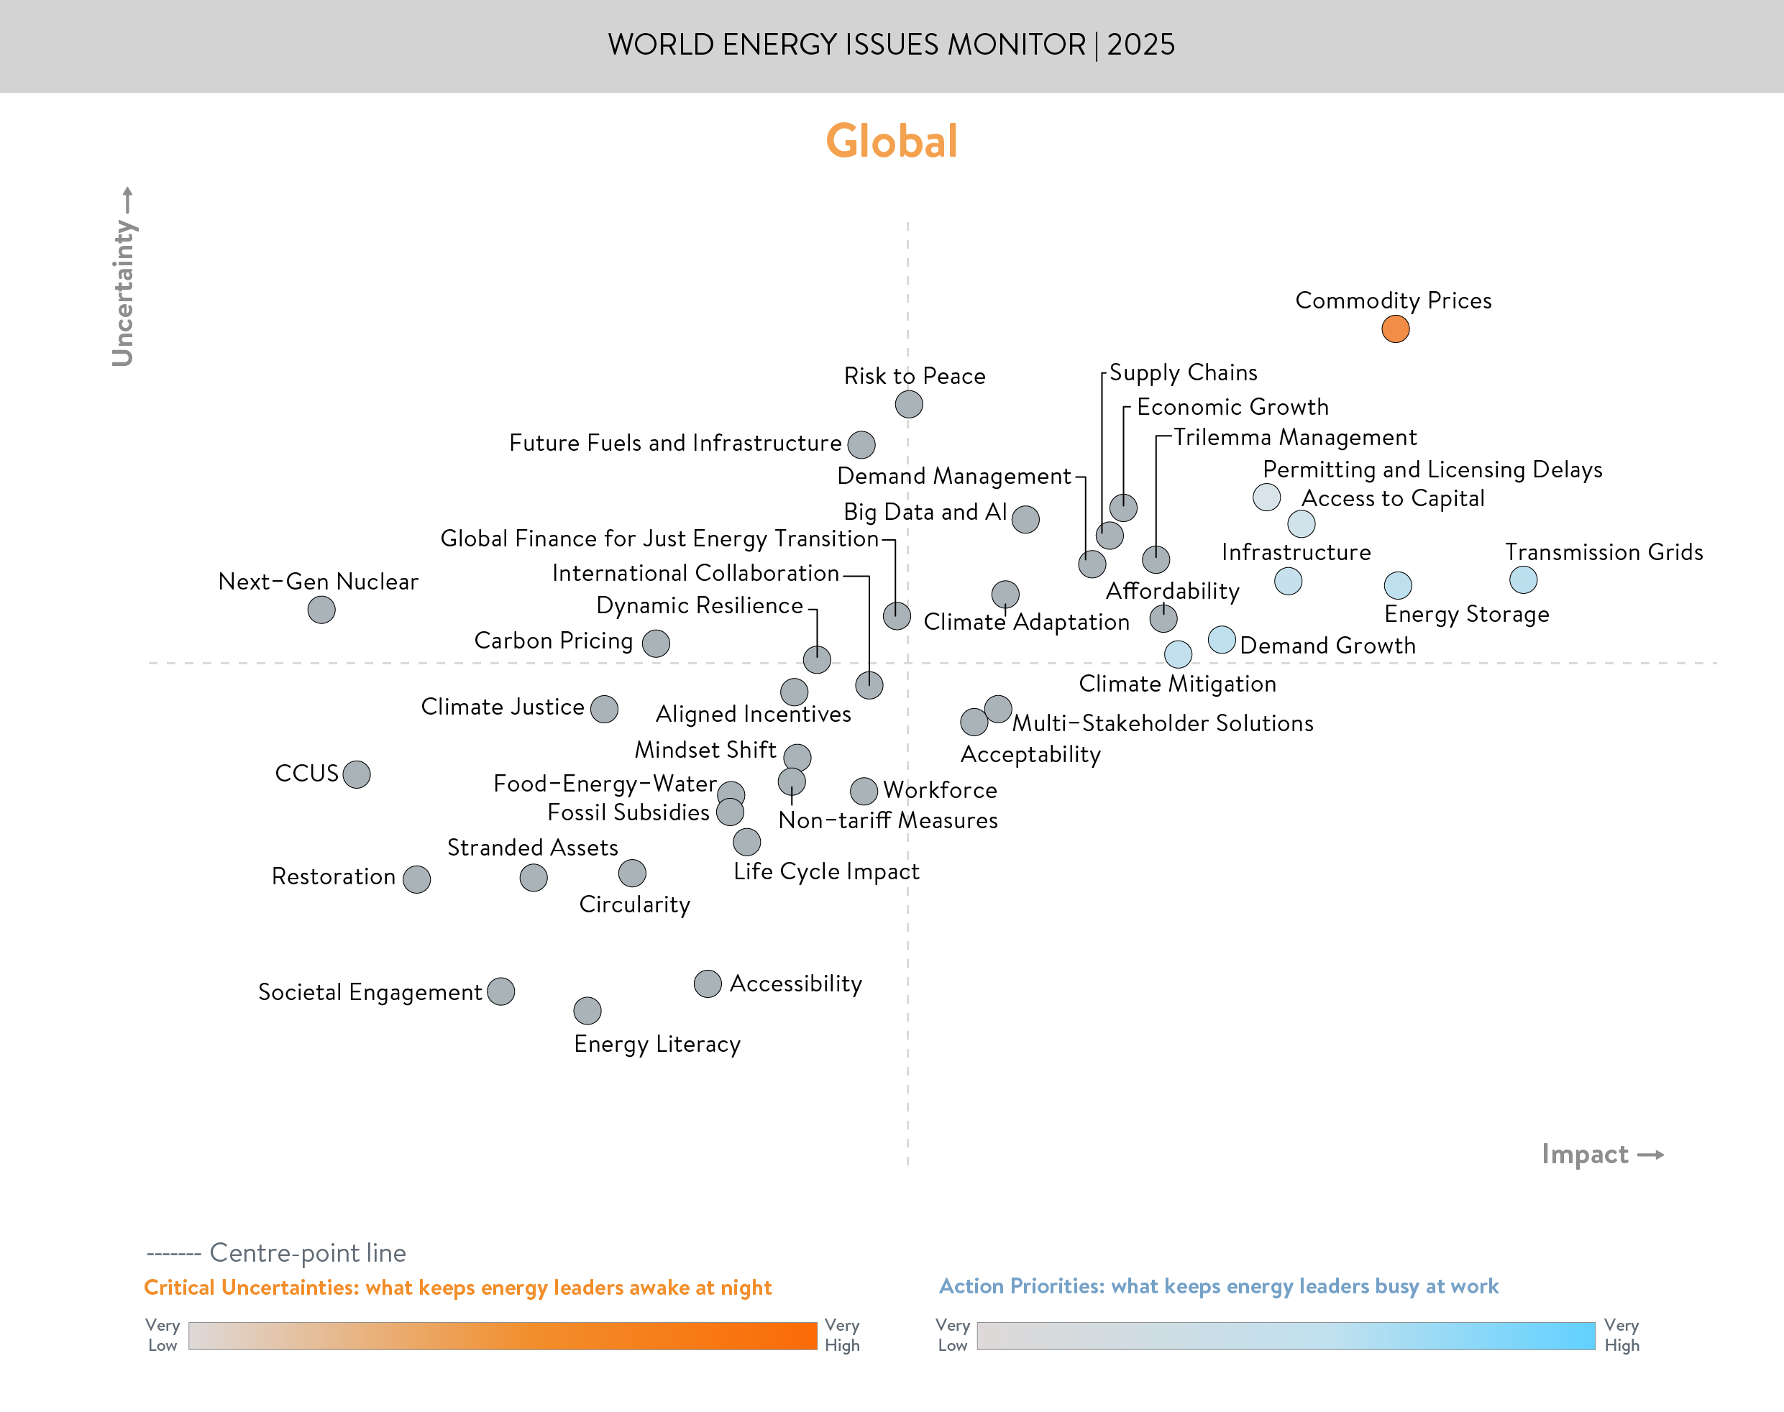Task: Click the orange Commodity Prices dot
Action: pos(1395,329)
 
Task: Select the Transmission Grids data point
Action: pos(1523,579)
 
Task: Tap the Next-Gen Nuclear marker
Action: pos(321,610)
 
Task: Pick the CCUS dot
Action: pos(357,774)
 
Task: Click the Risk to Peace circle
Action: pos(908,404)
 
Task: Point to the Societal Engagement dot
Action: pos(501,991)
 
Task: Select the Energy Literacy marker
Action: pos(587,1010)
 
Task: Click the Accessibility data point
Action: pos(708,983)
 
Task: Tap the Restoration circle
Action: pos(416,879)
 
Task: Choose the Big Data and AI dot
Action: pos(1025,519)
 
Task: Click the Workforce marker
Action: pos(864,791)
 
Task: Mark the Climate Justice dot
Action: pos(604,708)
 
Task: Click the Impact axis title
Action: pos(1585,1154)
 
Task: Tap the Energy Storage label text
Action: pos(1467,614)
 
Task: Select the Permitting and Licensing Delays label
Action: pos(1432,469)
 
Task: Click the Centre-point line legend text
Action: pos(308,1252)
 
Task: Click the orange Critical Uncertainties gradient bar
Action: pos(503,1336)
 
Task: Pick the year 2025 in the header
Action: pos(1141,45)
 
